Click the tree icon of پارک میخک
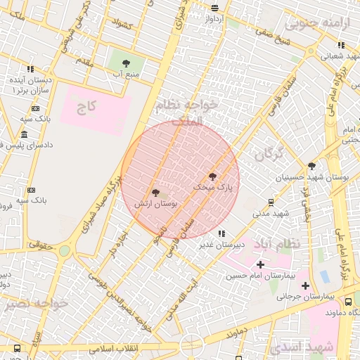pos(212,176)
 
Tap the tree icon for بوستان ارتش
pos(155,192)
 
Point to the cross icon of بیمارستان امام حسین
pos(261,264)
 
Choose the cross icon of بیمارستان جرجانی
pos(305,285)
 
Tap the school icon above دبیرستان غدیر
pos(221,233)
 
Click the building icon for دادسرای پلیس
pos(25,134)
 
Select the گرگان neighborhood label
pos(269,153)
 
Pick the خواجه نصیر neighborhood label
pos(35,304)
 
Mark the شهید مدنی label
pos(271,212)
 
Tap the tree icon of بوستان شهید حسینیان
pos(311,166)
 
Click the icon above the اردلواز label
pos(215,8)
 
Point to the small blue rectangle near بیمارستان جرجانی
pos(324,276)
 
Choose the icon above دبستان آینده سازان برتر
pos(30,69)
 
